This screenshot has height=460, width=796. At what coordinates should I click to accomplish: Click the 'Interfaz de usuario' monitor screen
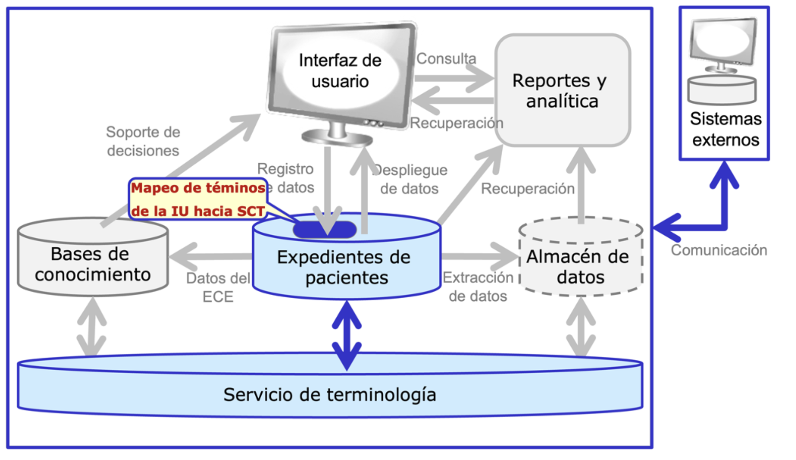click(x=340, y=71)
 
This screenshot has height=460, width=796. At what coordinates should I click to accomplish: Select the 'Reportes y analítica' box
click(x=562, y=90)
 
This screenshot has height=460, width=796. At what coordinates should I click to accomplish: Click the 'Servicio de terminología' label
click(x=329, y=394)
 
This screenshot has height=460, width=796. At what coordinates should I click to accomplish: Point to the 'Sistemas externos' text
click(x=725, y=129)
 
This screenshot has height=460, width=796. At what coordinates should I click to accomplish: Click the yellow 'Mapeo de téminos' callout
click(x=198, y=199)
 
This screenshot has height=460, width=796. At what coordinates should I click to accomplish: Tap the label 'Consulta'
click(x=446, y=59)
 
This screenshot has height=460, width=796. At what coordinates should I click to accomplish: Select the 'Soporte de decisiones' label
click(x=143, y=141)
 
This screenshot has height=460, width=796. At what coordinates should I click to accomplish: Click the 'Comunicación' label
click(x=719, y=250)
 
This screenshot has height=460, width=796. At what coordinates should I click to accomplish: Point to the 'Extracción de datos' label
click(x=478, y=286)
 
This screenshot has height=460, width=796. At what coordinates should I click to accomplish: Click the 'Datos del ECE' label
click(x=218, y=287)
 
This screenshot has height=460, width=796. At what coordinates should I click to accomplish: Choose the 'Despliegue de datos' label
click(x=410, y=179)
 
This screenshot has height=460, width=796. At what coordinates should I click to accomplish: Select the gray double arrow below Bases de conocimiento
click(x=92, y=326)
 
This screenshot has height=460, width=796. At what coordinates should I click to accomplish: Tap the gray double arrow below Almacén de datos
click(x=581, y=326)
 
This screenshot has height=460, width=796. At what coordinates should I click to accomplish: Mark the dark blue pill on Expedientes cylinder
click(x=325, y=230)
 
